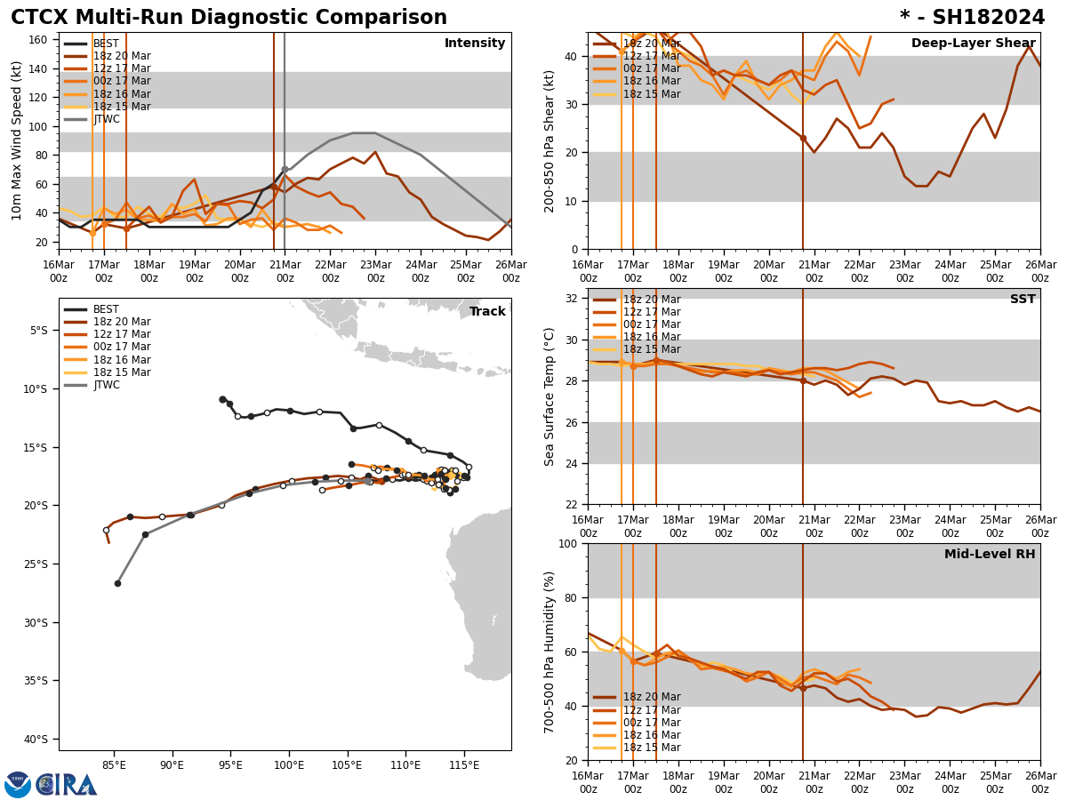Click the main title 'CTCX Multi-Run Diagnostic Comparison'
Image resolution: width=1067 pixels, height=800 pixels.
pyautogui.click(x=229, y=18)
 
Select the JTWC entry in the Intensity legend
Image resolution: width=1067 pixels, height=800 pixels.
pyautogui.click(x=107, y=119)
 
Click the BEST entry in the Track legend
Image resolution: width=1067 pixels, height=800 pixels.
pyautogui.click(x=106, y=309)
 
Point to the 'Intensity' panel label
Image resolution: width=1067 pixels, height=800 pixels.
pyautogui.click(x=475, y=44)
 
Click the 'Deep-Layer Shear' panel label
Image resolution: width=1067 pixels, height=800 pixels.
pyautogui.click(x=973, y=44)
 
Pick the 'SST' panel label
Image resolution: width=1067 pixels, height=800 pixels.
pyautogui.click(x=1023, y=300)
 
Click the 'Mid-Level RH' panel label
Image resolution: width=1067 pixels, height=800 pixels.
pyautogui.click(x=990, y=555)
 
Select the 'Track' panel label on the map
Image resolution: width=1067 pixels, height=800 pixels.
pyautogui.click(x=487, y=312)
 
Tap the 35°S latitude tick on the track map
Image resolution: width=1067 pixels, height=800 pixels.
pyautogui.click(x=39, y=681)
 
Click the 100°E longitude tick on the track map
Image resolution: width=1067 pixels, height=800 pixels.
pyautogui.click(x=288, y=765)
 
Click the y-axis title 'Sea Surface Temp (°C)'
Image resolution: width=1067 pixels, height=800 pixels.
pyautogui.click(x=550, y=396)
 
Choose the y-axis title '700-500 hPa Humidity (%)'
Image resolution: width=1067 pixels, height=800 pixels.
pyautogui.click(x=550, y=652)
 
